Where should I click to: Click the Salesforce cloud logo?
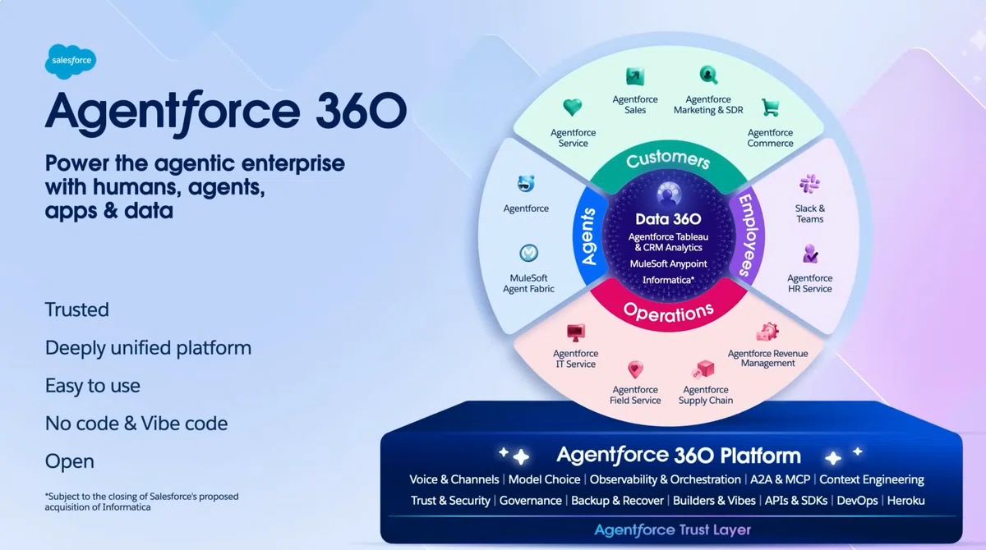coord(71,61)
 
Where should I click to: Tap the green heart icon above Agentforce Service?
coord(572,108)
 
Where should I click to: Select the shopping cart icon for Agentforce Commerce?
coord(771,108)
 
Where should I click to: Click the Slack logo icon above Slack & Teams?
coord(809,184)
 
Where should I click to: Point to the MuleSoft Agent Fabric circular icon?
coord(528,253)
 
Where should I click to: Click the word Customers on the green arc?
coord(668,159)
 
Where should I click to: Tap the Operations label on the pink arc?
coord(668,312)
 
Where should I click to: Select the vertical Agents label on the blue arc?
coord(588,236)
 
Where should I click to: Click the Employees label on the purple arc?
coord(749,236)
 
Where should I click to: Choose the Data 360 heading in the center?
coord(668,219)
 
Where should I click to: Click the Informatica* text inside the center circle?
coord(668,280)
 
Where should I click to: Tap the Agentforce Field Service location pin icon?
coord(635,369)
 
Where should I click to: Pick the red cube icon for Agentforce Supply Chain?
coord(704,369)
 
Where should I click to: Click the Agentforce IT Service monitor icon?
coord(576,332)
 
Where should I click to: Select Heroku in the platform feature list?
coord(905,501)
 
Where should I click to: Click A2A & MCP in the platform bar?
coord(780,479)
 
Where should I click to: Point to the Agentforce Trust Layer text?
coord(673,530)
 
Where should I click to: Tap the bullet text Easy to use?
coord(93,386)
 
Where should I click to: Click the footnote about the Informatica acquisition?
coord(141,502)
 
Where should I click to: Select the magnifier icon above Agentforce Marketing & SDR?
coord(708,76)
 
